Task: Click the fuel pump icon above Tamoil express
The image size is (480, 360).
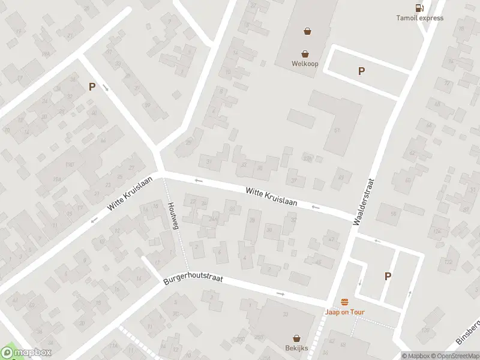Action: point(419,8)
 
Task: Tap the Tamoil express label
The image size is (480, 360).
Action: point(420,18)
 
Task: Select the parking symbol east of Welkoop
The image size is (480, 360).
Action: point(361,71)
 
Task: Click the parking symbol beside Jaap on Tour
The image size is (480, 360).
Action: point(388,276)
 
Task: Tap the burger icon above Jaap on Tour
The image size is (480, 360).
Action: point(345,302)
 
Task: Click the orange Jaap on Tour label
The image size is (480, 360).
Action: point(345,312)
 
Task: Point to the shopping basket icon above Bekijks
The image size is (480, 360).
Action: point(296,338)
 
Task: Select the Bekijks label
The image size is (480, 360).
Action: point(296,348)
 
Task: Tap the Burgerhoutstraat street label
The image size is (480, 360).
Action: point(189,280)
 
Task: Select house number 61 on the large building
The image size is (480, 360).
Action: point(337,130)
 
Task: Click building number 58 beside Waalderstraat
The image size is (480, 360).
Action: point(394,214)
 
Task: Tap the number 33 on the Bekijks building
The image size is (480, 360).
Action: point(286,314)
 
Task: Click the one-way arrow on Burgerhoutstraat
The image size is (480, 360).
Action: point(280,293)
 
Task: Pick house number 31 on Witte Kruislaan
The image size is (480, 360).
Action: point(209,161)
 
